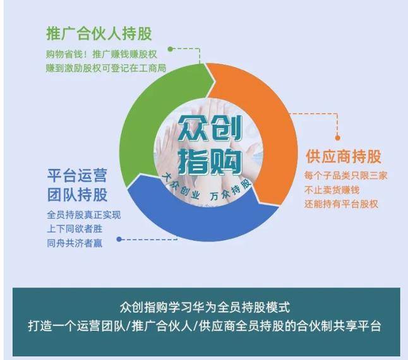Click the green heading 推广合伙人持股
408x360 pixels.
pyautogui.click(x=99, y=33)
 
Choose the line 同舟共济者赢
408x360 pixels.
pyautogui.click(x=75, y=243)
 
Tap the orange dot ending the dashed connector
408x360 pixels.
pyautogui.click(x=339, y=139)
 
